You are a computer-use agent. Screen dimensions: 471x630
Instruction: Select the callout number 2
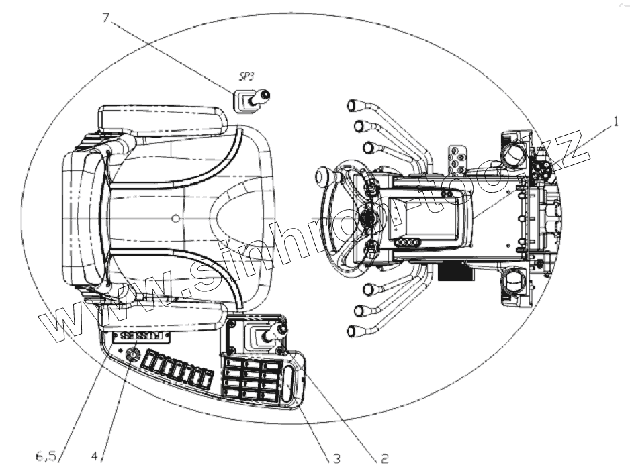[x=384, y=460]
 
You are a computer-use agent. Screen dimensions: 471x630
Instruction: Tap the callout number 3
[x=336, y=460]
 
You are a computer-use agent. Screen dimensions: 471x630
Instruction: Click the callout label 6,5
[x=46, y=456]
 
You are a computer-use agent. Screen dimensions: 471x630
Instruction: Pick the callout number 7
[x=105, y=18]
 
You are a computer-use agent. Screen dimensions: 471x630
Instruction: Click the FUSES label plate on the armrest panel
[x=142, y=335]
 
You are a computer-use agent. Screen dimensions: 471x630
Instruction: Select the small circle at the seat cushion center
[x=175, y=217]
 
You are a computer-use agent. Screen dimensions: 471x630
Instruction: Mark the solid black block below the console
[x=453, y=270]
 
